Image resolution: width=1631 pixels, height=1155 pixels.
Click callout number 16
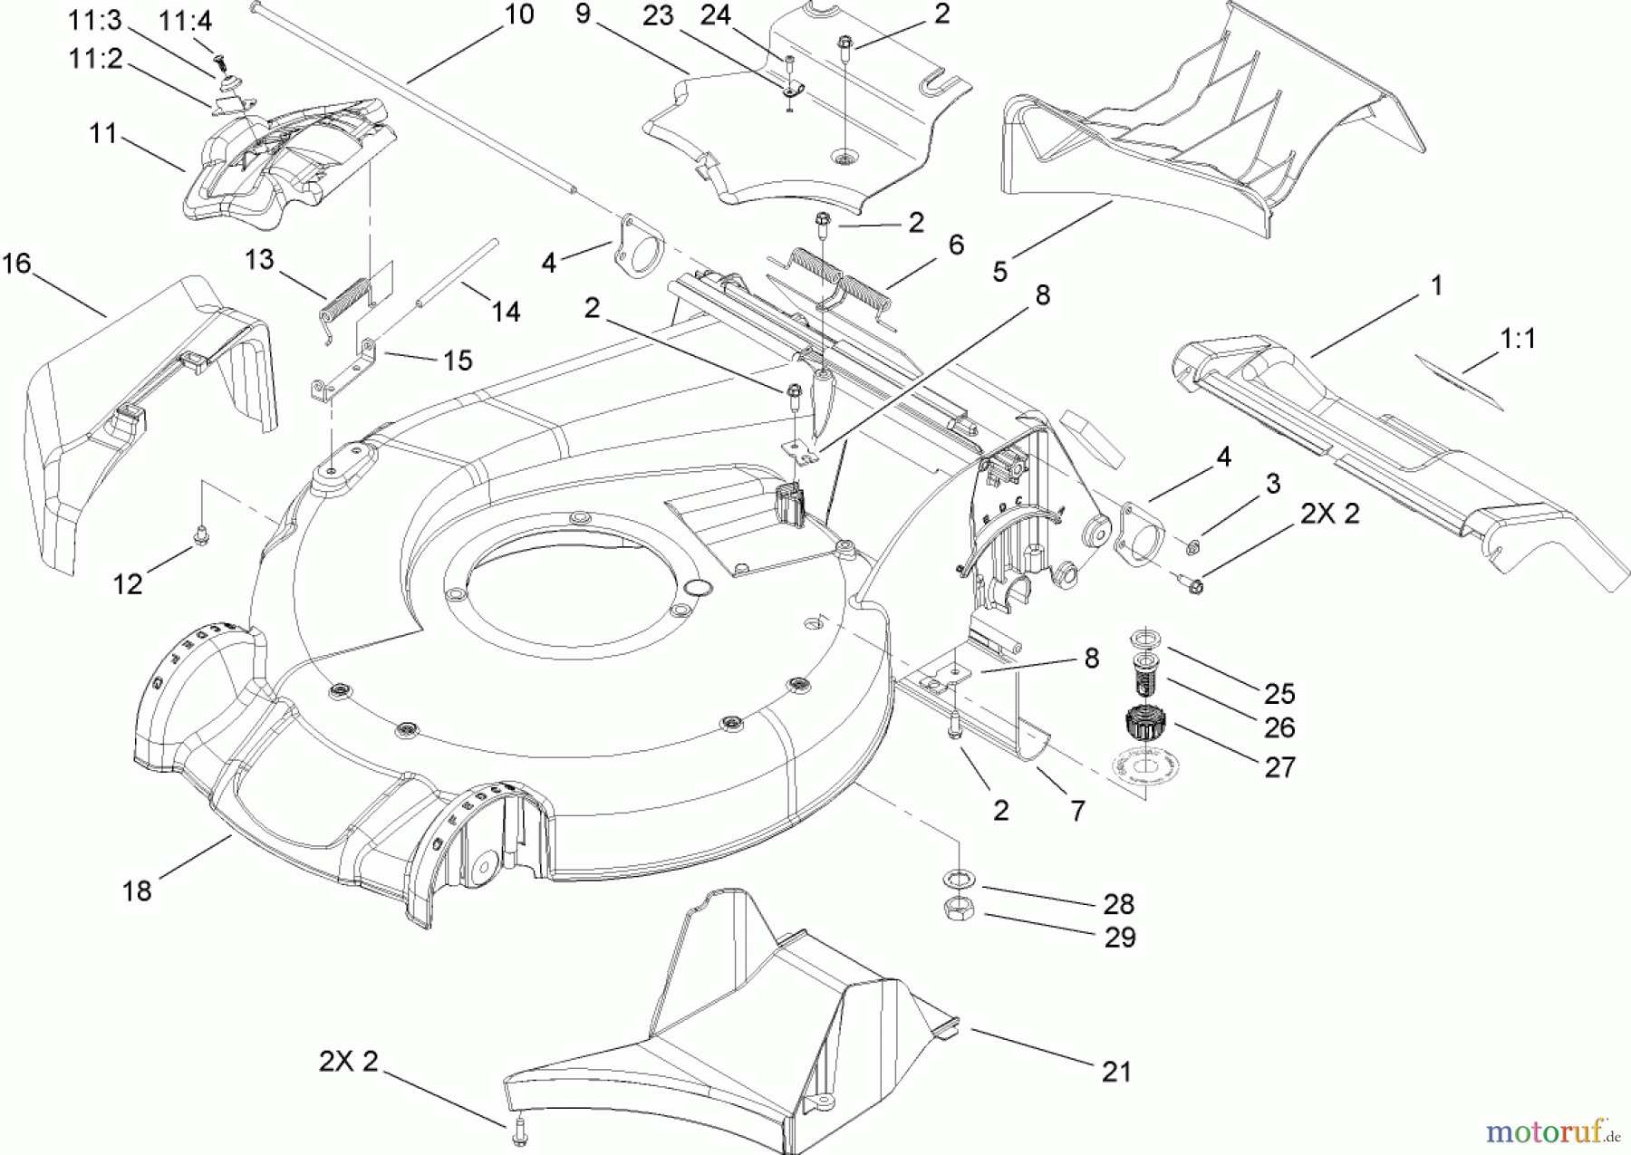coord(17,265)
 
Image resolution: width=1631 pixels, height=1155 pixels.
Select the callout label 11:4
coord(186,21)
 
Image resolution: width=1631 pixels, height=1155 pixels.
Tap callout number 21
coord(1116,1073)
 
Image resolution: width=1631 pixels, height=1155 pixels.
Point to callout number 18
coord(137,891)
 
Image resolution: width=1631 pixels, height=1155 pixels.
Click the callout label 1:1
coord(1518,339)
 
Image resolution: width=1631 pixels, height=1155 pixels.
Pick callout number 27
coord(1279,767)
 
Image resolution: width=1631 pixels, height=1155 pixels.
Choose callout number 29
coord(1120,938)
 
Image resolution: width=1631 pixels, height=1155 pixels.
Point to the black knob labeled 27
coord(1144,724)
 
